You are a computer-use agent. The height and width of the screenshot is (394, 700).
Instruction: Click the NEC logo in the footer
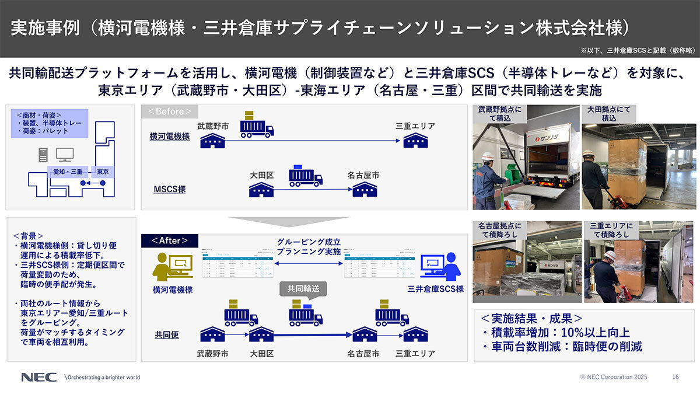click(x=39, y=377)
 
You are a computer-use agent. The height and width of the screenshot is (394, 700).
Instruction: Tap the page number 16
click(x=675, y=377)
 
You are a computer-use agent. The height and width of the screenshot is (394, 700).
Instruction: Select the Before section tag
click(x=170, y=111)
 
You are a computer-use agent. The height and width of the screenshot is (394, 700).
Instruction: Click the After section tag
click(x=170, y=240)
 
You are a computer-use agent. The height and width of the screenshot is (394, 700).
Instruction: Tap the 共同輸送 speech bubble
click(x=303, y=288)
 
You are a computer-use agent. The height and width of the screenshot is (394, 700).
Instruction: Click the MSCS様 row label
click(x=169, y=190)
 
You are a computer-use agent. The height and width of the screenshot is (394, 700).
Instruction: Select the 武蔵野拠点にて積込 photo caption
click(x=500, y=113)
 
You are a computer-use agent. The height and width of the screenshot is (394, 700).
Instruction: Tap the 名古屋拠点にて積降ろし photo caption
click(x=500, y=230)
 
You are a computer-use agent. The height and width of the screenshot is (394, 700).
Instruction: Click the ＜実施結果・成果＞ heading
click(x=531, y=319)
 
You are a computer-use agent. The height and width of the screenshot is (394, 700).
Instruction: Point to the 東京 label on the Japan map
click(x=103, y=172)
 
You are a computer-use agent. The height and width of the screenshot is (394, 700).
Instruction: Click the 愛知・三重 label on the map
click(x=68, y=172)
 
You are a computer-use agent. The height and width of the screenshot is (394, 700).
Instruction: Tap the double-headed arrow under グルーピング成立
click(x=301, y=264)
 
